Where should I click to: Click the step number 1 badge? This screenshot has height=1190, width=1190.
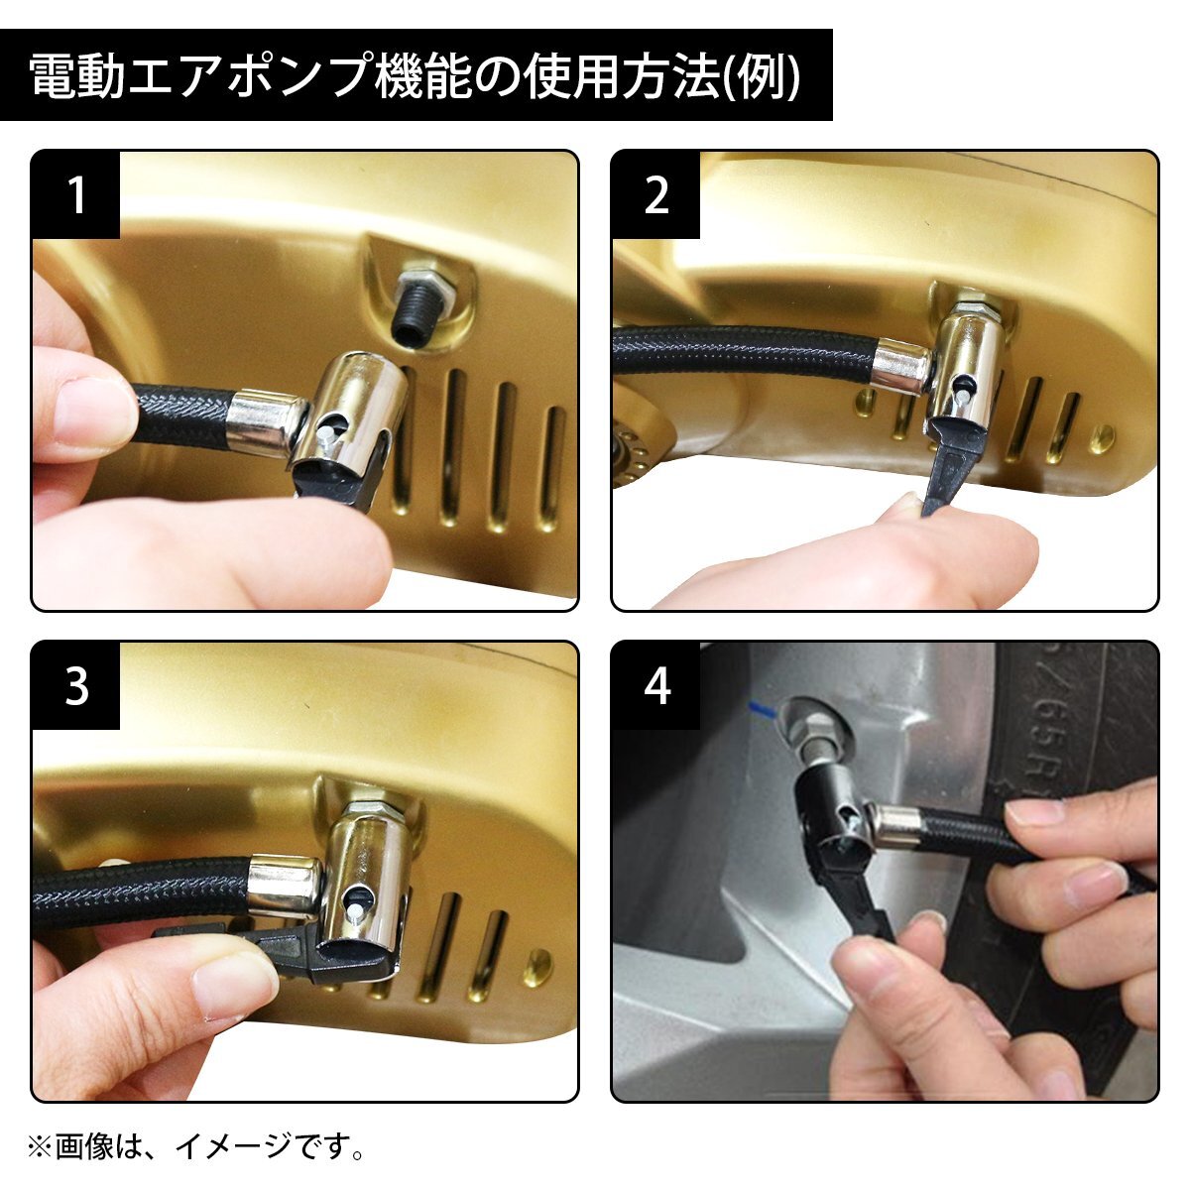click(x=75, y=195)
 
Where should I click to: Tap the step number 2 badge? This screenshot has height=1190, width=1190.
click(x=655, y=195)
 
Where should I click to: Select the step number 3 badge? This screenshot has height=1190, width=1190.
click(x=75, y=686)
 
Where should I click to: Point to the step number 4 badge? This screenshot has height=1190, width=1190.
click(x=655, y=686)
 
